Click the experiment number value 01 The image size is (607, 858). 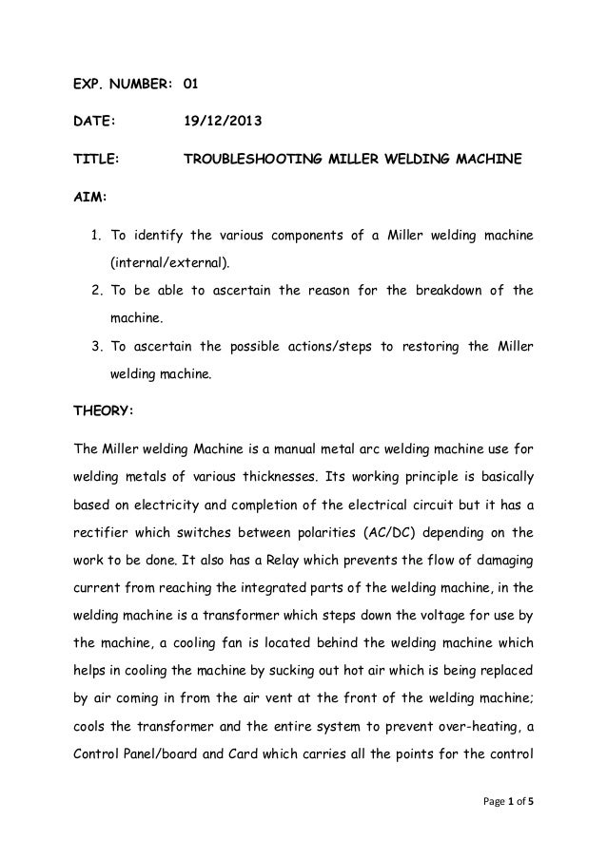[190, 84]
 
